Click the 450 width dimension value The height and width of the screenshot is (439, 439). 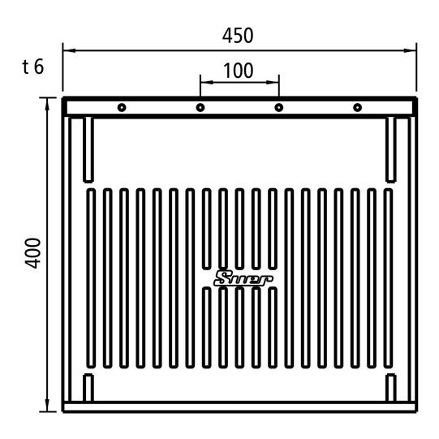tap(238, 36)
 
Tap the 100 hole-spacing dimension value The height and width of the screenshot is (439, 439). tap(239, 71)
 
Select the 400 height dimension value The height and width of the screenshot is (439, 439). tap(33, 253)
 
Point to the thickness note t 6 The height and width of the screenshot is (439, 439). tap(33, 67)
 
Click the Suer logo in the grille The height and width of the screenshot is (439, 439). tap(243, 279)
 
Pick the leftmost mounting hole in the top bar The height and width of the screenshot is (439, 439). tap(122, 107)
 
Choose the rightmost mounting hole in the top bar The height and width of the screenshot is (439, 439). tap(357, 107)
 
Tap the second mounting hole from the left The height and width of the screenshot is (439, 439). tap(200, 107)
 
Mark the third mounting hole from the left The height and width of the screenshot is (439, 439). tap(279, 107)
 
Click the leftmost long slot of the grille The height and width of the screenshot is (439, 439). tap(91, 278)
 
